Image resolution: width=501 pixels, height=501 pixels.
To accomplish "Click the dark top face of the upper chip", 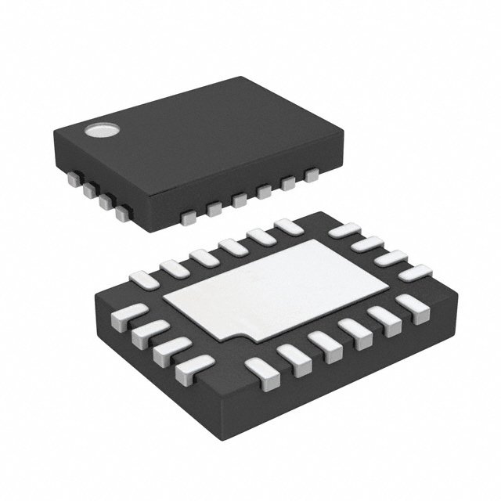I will [196, 133].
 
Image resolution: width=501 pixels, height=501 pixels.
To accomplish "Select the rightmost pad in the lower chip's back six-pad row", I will [287, 226].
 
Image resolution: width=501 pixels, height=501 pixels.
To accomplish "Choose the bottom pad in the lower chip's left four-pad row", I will [190, 365].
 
